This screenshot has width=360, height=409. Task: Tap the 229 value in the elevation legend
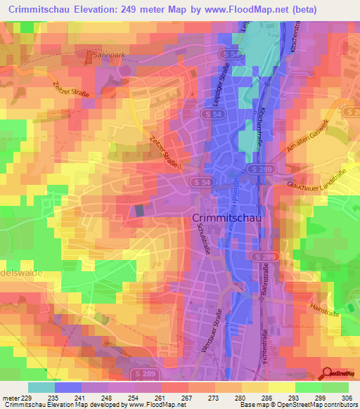(26, 396)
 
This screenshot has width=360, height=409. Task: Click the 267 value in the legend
(183, 396)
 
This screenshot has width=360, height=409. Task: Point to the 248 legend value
(103, 396)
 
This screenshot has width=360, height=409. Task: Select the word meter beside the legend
(10, 396)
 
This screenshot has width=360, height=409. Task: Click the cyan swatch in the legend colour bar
(41, 387)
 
